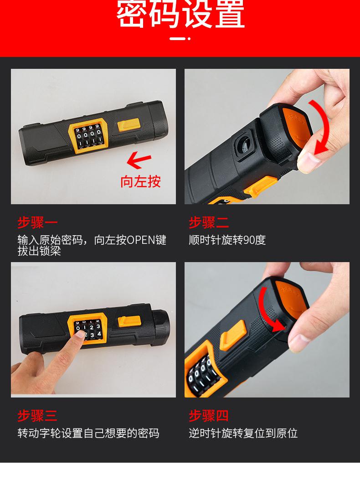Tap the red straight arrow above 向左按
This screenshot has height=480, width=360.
click(139, 160)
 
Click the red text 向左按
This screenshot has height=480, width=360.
click(140, 181)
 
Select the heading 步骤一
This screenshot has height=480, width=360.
click(37, 222)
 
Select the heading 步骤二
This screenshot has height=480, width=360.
click(209, 222)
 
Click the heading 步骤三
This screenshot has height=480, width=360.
click(37, 416)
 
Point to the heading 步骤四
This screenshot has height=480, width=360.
click(209, 416)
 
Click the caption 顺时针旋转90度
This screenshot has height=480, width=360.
click(227, 240)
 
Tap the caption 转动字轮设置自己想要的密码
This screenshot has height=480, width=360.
click(88, 433)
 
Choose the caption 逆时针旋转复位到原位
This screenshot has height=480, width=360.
click(243, 433)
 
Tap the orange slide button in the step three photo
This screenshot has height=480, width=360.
click(129, 322)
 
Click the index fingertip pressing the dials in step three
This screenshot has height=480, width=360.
click(80, 335)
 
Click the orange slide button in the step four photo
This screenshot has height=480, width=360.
click(233, 335)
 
